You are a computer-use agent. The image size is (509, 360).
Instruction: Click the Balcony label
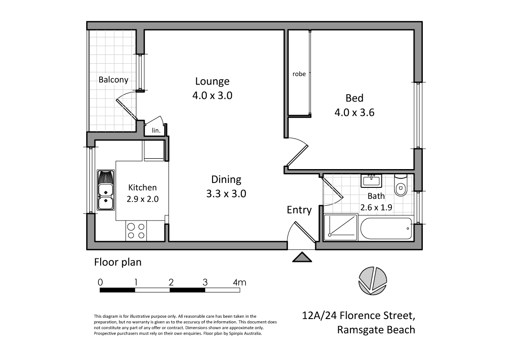113,80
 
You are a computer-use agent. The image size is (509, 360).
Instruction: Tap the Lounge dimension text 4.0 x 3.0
212,95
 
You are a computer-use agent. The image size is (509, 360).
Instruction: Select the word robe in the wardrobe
299,74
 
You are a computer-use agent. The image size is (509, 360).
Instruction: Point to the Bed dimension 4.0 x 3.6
354,112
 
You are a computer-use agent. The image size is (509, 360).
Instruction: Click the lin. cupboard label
156,130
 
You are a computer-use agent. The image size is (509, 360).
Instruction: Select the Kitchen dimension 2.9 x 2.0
142,199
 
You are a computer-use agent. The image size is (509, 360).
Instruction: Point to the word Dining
226,179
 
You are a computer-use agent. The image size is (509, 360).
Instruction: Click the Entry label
299,210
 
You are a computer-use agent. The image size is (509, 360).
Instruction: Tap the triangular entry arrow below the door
302,257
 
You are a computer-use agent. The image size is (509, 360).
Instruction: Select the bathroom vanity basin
371,180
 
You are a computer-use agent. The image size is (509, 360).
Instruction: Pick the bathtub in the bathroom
385,228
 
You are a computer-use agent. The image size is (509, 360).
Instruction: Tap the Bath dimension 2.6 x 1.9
376,207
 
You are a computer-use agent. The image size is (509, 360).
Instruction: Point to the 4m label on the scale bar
239,282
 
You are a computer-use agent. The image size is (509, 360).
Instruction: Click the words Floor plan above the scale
118,262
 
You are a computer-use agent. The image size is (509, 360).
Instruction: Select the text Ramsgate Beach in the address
376,329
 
